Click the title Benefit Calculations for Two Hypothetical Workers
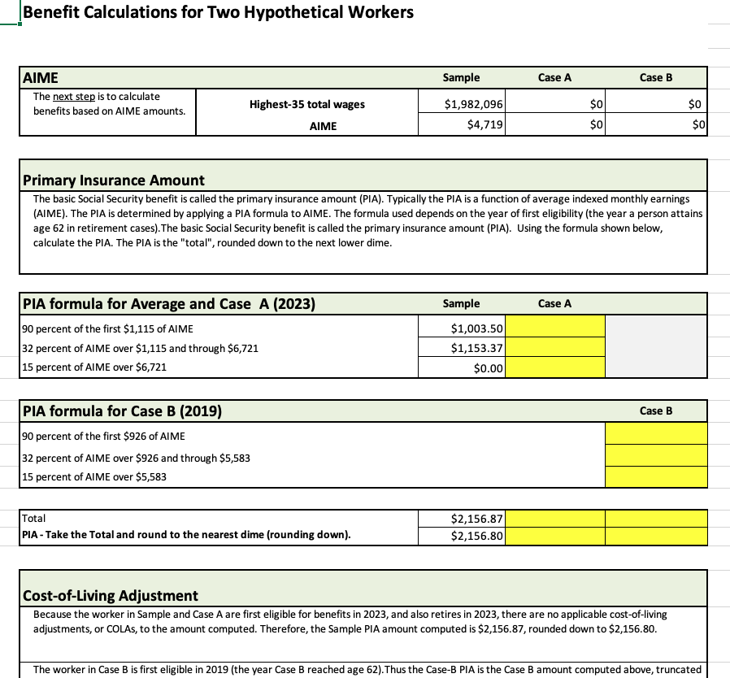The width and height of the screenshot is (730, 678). click(x=218, y=12)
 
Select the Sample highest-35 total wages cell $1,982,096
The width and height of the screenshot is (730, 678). click(x=461, y=104)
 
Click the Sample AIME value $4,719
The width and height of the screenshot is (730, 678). click(x=461, y=125)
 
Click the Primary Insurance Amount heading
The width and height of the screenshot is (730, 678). click(x=114, y=180)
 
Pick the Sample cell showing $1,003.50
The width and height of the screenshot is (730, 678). click(x=461, y=328)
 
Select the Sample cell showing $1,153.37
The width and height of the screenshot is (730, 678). click(x=461, y=348)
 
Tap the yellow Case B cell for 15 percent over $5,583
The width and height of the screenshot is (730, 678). click(x=656, y=477)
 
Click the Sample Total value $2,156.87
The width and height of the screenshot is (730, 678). click(x=461, y=519)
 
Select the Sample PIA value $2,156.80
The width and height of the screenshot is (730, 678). click(x=461, y=536)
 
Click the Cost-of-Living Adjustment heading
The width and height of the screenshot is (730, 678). click(x=111, y=595)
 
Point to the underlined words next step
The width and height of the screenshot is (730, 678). click(x=74, y=96)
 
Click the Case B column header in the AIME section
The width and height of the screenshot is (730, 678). click(x=655, y=77)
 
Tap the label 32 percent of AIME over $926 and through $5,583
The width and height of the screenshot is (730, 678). click(x=137, y=458)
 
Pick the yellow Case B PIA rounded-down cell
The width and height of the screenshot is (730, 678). click(x=656, y=536)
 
